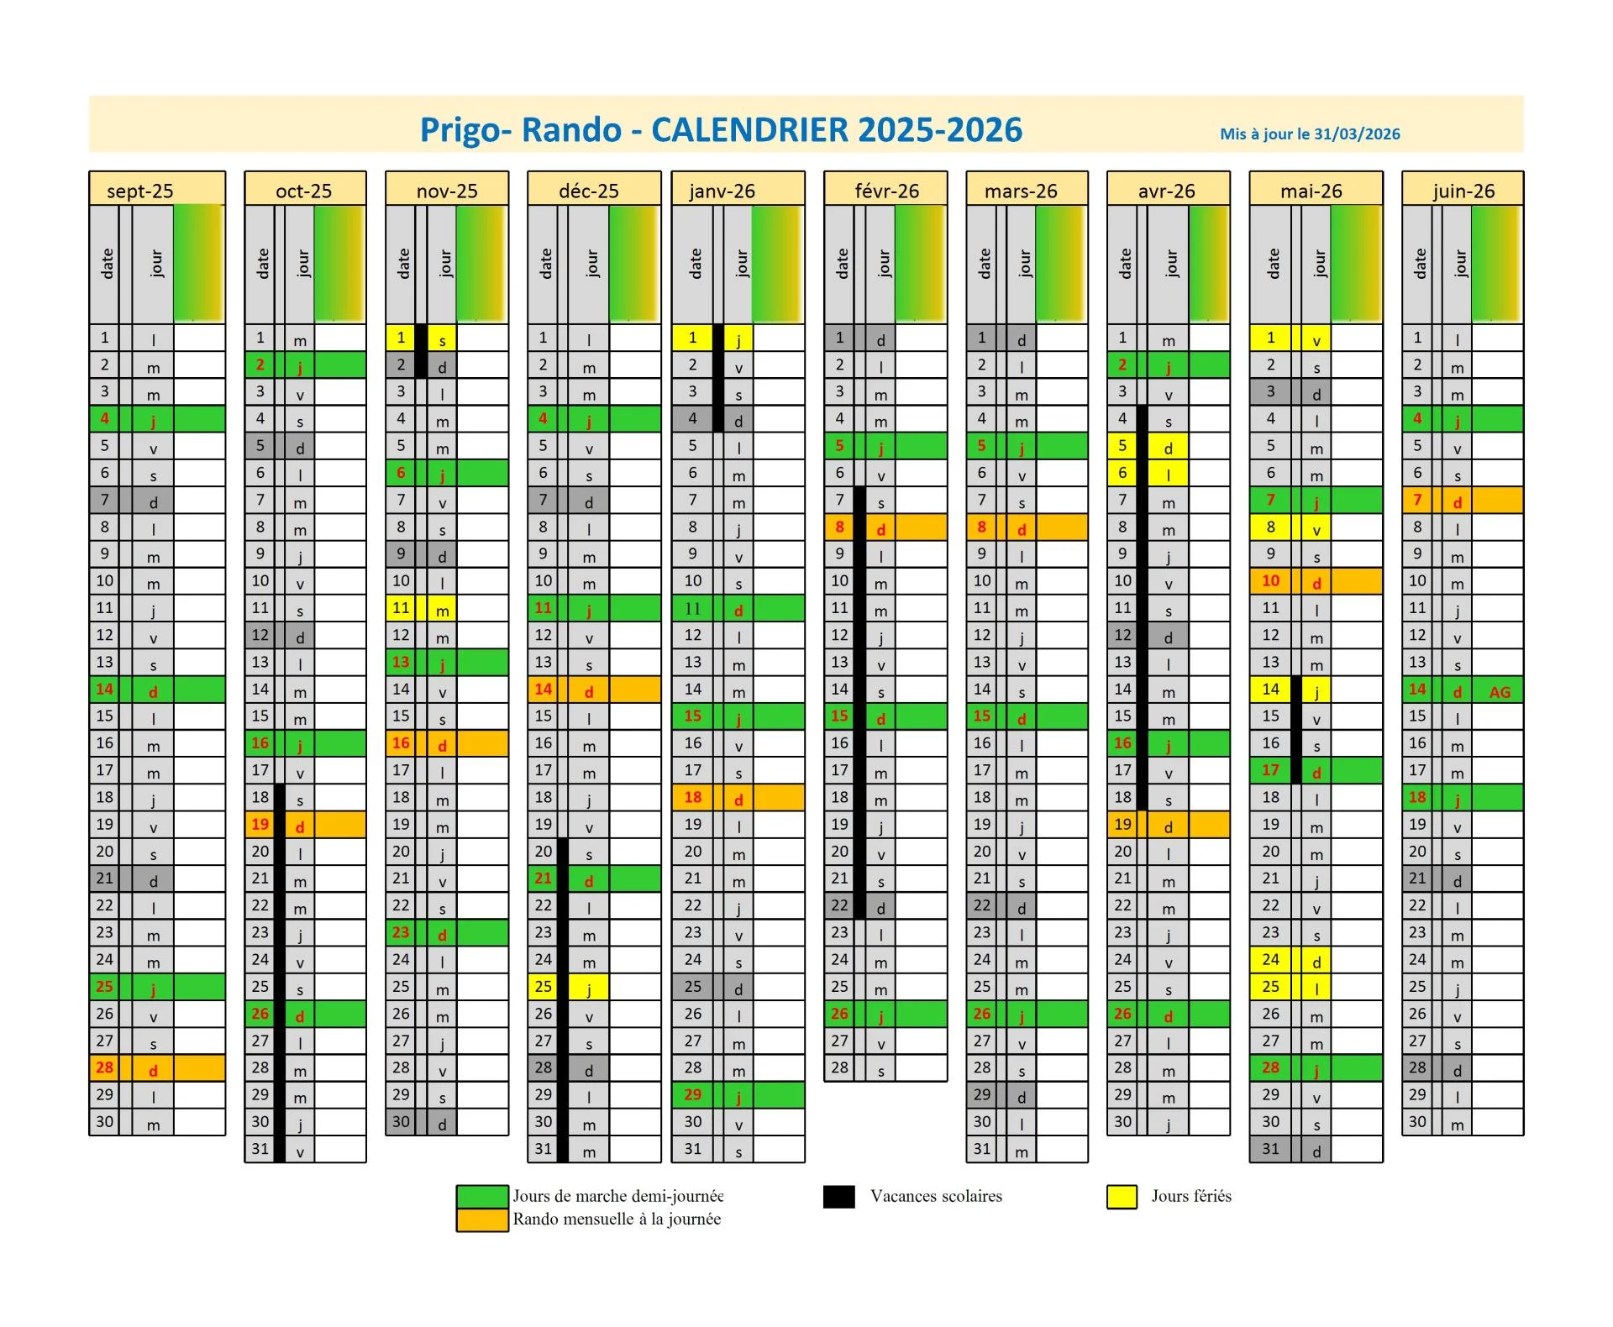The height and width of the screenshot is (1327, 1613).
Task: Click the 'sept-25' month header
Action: pos(140,191)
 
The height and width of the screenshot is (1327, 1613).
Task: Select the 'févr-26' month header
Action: pos(886,191)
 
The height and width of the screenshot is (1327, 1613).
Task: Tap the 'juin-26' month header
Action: pos(1463,191)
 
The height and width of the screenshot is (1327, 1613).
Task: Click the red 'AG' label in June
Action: pos(1500,692)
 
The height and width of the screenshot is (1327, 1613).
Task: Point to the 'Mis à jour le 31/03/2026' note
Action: pos(1310,134)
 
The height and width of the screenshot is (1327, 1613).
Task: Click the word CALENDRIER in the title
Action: pos(749,129)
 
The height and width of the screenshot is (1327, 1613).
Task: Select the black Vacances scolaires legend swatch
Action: pos(838,1196)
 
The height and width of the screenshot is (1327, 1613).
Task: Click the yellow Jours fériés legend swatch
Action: pos(1122,1196)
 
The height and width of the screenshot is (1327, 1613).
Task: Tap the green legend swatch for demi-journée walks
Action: pos(481,1196)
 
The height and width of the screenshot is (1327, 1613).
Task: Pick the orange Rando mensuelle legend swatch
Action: pos(481,1219)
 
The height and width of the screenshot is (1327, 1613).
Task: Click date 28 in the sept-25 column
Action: pos(104,1067)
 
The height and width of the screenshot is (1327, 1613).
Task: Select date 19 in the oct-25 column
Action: pos(260,824)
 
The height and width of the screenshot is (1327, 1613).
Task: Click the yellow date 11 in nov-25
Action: pos(401,607)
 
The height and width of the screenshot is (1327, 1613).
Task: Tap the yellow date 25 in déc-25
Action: pos(544,986)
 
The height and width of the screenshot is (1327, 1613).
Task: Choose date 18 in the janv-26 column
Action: pos(692,797)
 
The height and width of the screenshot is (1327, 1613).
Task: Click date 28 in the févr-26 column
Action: pos(839,1067)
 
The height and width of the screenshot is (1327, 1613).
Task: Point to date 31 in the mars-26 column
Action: pos(981,1148)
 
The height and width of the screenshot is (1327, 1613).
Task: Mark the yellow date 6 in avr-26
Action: pos(1122,473)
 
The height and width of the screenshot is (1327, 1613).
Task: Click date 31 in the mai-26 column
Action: pos(1270,1148)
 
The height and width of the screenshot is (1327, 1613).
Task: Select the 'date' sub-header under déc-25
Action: pos(546,264)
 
